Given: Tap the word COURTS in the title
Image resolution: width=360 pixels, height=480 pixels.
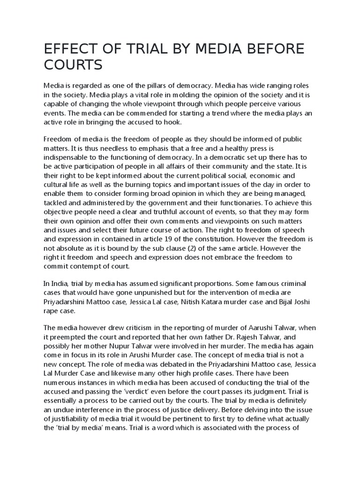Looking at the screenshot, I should (73, 65).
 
